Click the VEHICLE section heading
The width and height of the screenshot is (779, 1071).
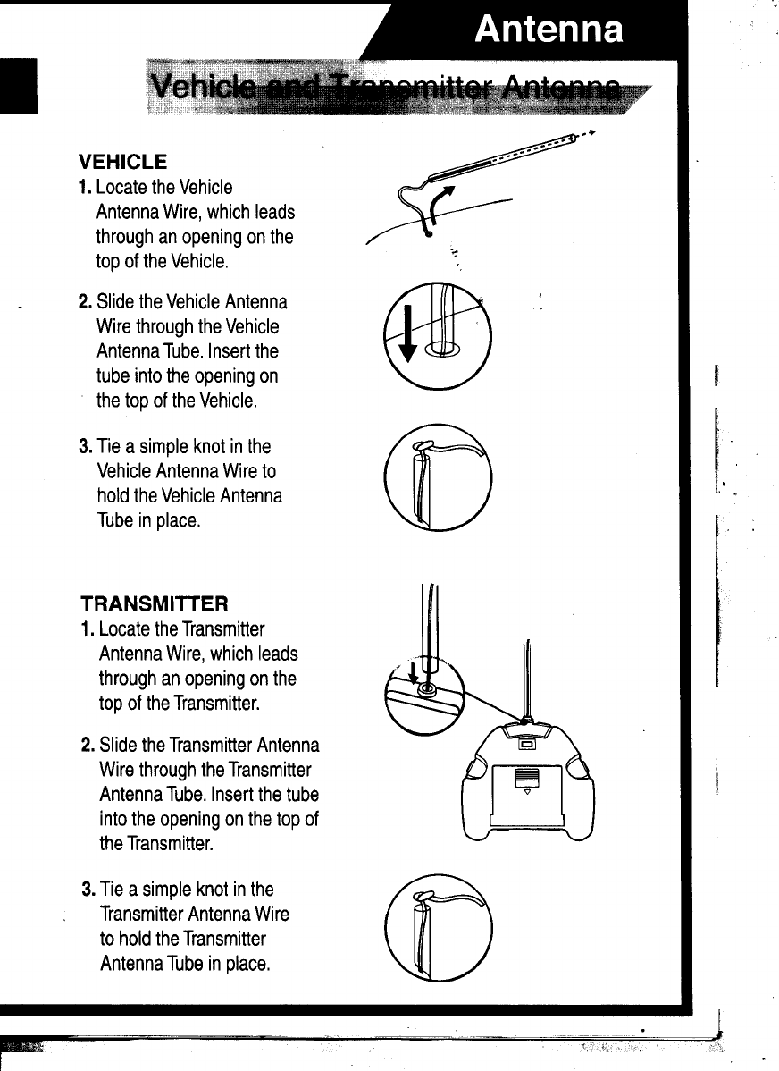(x=122, y=163)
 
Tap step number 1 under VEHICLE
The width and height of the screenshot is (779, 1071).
(x=84, y=188)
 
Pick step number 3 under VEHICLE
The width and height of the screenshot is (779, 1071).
(x=84, y=446)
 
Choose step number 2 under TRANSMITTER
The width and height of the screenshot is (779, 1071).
(x=88, y=745)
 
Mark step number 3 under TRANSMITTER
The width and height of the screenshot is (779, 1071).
(x=88, y=890)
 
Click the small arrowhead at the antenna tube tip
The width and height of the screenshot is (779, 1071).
(x=591, y=132)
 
